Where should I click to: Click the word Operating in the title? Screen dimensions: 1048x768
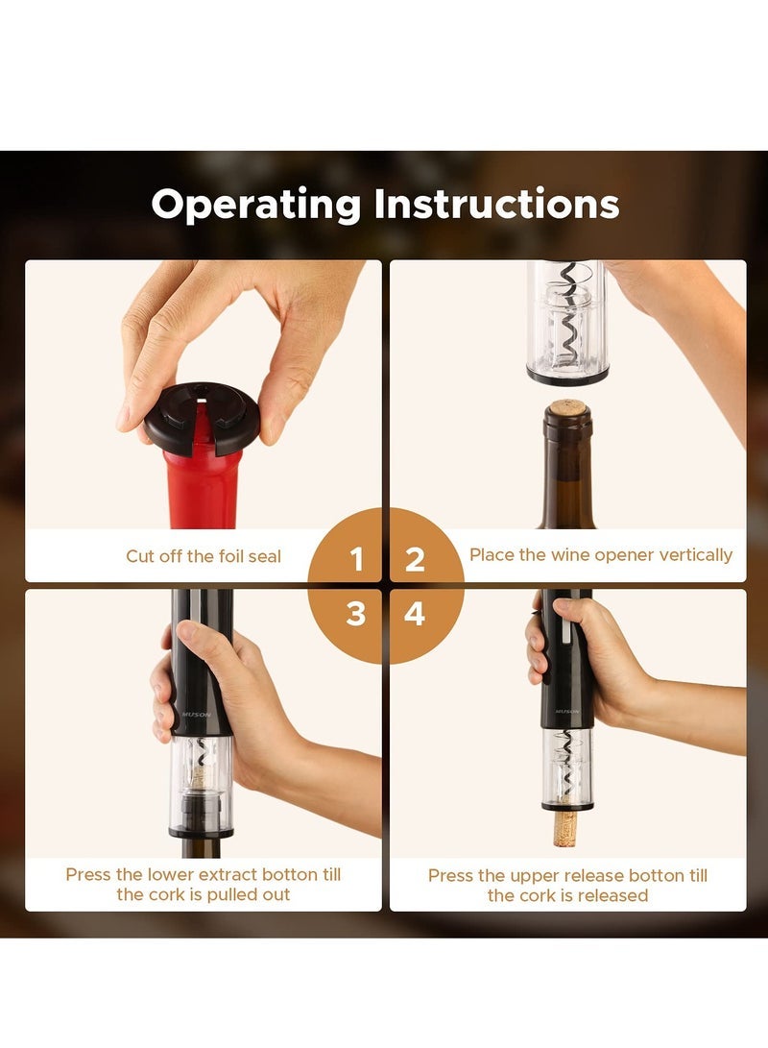coord(256,206)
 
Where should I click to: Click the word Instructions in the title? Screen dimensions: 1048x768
coord(496,204)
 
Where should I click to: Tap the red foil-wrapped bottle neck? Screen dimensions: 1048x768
coord(203,490)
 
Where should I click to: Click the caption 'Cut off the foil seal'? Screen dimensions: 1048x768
coord(204,556)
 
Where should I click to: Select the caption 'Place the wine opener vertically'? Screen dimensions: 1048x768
coord(600,555)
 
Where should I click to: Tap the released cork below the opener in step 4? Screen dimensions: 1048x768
coord(564,826)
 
